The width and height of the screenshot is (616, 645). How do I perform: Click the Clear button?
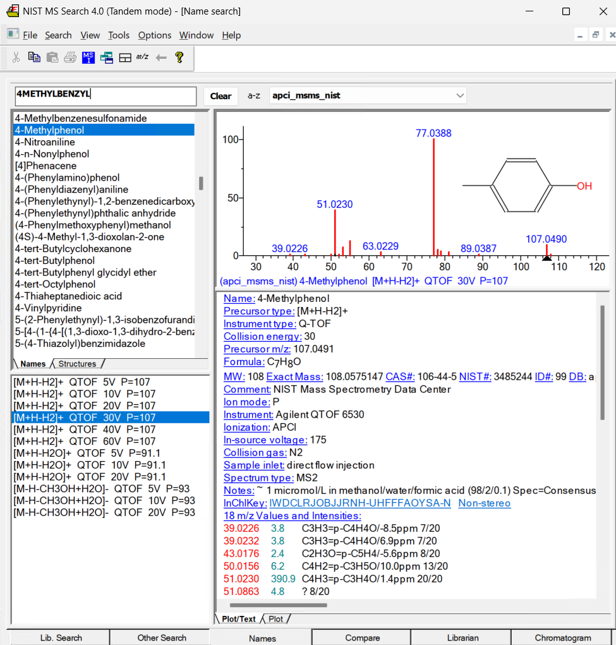[221, 96]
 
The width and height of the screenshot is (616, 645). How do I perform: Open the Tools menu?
[119, 35]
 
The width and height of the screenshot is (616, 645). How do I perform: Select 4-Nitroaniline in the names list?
[45, 142]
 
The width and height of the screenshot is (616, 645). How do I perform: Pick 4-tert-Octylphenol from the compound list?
[55, 284]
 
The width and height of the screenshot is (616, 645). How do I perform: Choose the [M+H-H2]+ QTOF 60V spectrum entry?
[85, 441]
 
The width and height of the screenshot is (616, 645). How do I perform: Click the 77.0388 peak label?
[433, 133]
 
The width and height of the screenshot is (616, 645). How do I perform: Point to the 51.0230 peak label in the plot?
[335, 205]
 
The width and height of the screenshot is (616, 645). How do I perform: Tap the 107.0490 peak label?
[546, 239]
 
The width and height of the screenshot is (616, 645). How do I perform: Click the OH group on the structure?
[584, 186]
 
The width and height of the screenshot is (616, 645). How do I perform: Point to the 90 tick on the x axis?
[483, 267]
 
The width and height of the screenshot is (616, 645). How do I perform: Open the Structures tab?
[77, 364]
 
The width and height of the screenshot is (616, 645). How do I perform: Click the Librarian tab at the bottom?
[462, 637]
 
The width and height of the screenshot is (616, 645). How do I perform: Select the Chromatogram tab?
[562, 637]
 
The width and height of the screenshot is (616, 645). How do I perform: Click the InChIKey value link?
[360, 503]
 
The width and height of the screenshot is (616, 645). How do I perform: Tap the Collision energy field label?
[263, 337]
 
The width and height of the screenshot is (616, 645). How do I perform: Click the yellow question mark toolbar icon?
[179, 57]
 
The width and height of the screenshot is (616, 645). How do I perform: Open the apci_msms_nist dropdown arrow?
[460, 96]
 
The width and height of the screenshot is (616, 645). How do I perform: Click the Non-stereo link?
[485, 503]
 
